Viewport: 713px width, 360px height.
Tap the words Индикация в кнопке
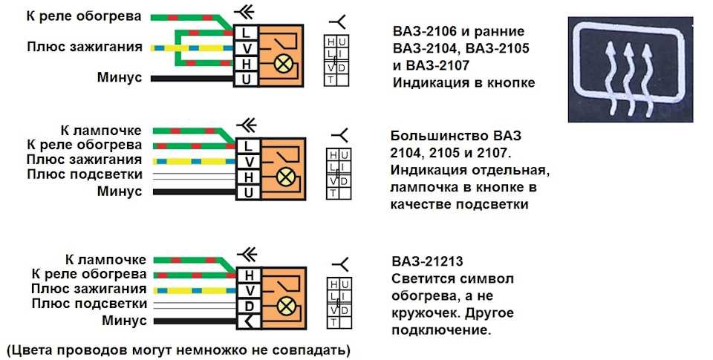pos(463,82)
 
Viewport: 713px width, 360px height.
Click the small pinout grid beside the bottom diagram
pos(338,304)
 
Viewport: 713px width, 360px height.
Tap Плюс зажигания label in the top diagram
pos(84,47)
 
